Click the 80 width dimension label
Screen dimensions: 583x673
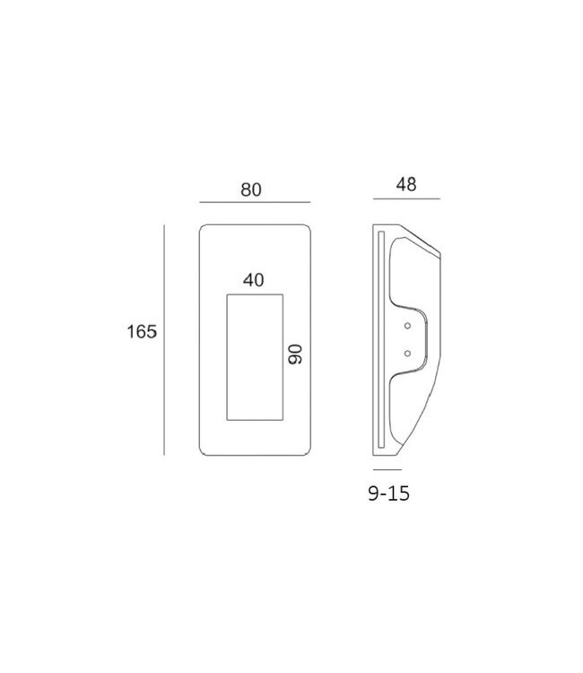(251, 189)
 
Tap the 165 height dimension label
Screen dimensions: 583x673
(142, 332)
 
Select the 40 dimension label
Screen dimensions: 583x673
(254, 280)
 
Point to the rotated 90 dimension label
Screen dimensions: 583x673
(295, 354)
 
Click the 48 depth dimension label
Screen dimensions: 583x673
(406, 185)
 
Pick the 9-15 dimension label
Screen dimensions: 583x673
(389, 494)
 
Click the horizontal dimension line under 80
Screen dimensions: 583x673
(255, 202)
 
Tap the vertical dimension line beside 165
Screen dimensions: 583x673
(164, 340)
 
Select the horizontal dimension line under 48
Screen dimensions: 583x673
(406, 198)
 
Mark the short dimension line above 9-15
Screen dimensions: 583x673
(387, 469)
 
